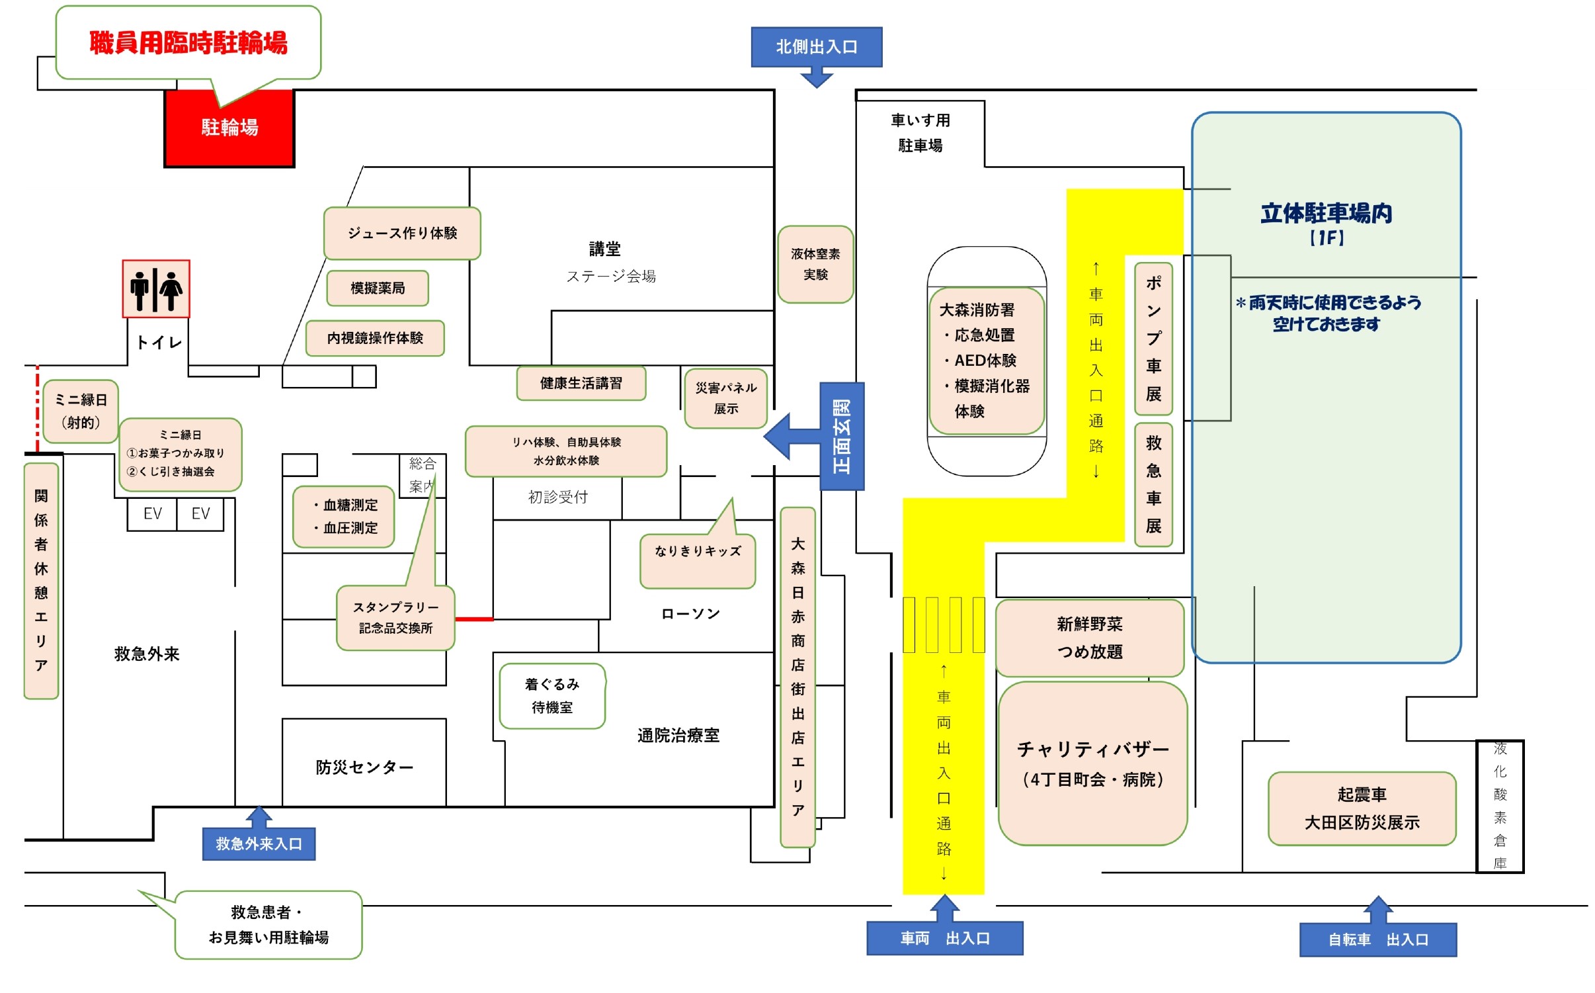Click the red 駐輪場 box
tap(229, 128)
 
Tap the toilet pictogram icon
tap(156, 289)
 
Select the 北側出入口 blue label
tap(816, 47)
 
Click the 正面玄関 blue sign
tap(842, 436)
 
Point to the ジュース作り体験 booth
tap(402, 233)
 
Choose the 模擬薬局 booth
tap(378, 288)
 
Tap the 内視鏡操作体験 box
tap(375, 338)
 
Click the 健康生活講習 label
tap(581, 383)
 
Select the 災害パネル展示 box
tap(726, 398)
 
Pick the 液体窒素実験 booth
tap(815, 264)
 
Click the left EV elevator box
tap(152, 514)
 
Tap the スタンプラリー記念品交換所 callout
tap(395, 617)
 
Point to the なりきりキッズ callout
tap(698, 561)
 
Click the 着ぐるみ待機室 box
tap(552, 696)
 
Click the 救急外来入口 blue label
tap(259, 843)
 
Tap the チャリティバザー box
tap(1092, 763)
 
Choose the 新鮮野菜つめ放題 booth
tap(1090, 638)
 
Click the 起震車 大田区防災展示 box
tap(1362, 808)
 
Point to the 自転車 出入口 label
tap(1378, 939)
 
